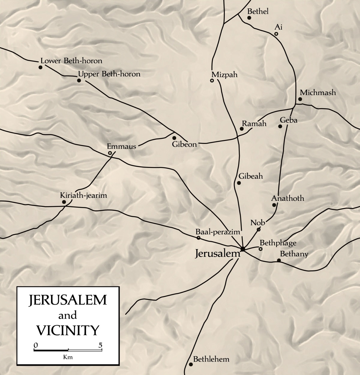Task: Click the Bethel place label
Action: pos(257,11)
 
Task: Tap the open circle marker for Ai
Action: pos(276,34)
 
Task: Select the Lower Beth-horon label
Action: pos(71,61)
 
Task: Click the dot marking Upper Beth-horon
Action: pos(79,81)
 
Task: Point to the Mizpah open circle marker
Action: pos(212,81)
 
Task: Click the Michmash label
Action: pos(318,92)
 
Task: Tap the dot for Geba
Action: pos(280,126)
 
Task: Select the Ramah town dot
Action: pos(241,129)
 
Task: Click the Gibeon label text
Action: pos(184,144)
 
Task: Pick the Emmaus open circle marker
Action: pos(110,153)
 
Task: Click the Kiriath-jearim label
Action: pos(83,195)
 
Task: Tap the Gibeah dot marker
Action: pos(239,183)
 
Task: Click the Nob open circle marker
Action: pos(259,230)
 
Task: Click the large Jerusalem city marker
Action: pos(243,249)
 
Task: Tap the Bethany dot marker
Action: pos(279,260)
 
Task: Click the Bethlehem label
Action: pos(211,359)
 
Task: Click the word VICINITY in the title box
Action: pos(68,330)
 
